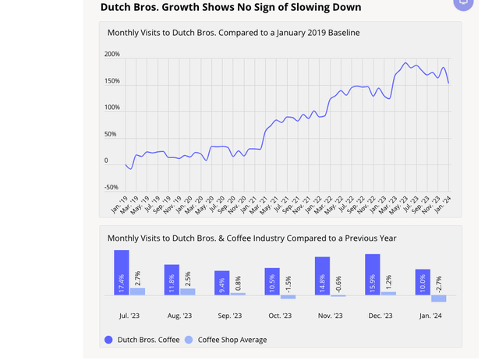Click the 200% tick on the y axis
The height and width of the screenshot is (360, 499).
click(x=111, y=55)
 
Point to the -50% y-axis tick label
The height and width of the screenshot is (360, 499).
click(x=111, y=188)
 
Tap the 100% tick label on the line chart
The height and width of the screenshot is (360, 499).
click(x=111, y=108)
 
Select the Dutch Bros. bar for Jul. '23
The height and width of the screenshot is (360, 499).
click(x=121, y=273)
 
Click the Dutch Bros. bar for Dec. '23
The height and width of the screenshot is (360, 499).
click(x=372, y=274)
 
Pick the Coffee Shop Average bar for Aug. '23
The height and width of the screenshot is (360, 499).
click(x=188, y=291)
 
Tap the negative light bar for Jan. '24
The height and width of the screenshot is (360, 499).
click(x=439, y=298)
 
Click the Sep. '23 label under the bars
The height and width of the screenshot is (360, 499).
click(x=230, y=316)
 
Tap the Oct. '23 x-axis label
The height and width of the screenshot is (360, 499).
click(x=280, y=316)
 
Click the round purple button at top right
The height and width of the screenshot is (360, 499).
click(x=464, y=2)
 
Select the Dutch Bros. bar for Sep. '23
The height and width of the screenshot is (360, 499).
click(x=221, y=283)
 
